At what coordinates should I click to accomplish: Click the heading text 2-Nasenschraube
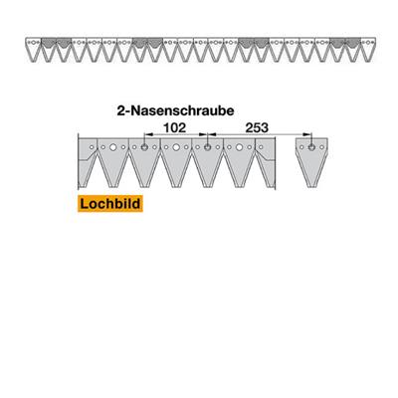pyautogui.click(x=175, y=110)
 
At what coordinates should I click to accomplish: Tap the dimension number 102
pyautogui.click(x=175, y=127)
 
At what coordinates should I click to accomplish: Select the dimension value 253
pyautogui.click(x=257, y=127)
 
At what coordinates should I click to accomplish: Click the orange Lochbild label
pyautogui.click(x=110, y=204)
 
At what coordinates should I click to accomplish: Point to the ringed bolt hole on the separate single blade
pyautogui.click(x=311, y=147)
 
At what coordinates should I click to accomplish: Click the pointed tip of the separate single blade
pyautogui.click(x=311, y=187)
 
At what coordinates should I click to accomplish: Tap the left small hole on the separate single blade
pyautogui.click(x=301, y=147)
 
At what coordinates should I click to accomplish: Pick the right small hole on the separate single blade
pyautogui.click(x=321, y=147)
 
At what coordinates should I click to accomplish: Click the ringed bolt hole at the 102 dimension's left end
pyautogui.click(x=144, y=147)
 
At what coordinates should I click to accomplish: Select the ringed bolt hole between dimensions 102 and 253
pyautogui.click(x=208, y=147)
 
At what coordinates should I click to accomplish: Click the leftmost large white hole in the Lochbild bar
pyautogui.click(x=113, y=147)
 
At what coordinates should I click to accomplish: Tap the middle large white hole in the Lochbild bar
pyautogui.click(x=176, y=147)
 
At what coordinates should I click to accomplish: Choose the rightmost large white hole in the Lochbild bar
pyautogui.click(x=239, y=147)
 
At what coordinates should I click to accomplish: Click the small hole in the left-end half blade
pyautogui.click(x=92, y=147)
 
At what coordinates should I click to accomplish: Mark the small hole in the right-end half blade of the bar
pyautogui.click(x=261, y=147)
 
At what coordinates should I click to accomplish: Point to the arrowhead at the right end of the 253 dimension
pyautogui.click(x=308, y=134)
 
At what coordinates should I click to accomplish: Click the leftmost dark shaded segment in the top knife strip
pyautogui.click(x=48, y=43)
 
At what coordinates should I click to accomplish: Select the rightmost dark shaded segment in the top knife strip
pyautogui.click(x=352, y=43)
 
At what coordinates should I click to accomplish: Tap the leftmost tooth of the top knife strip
pyautogui.click(x=33, y=50)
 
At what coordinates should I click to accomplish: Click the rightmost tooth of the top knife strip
pyautogui.click(x=367, y=50)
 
